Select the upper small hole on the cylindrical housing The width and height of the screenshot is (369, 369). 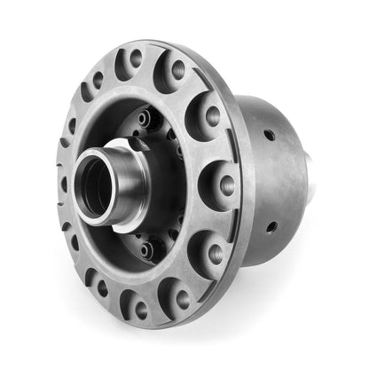tap(268, 136)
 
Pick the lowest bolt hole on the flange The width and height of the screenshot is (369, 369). tap(140, 308)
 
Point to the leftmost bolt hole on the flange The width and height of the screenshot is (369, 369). tap(63, 184)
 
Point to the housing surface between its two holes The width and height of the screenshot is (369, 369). tap(275, 182)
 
